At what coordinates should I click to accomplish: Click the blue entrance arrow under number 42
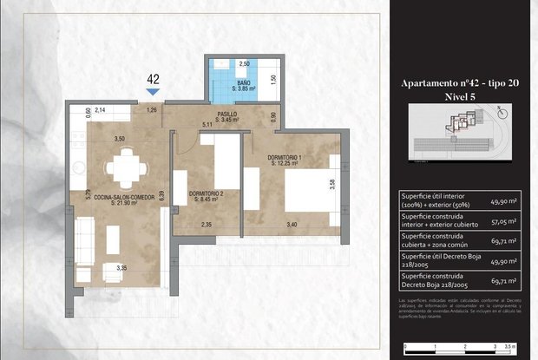(153, 90)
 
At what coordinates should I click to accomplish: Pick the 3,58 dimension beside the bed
(333, 184)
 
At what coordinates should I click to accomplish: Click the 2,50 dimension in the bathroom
(244, 64)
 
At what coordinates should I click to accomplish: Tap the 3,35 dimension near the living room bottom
(122, 268)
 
